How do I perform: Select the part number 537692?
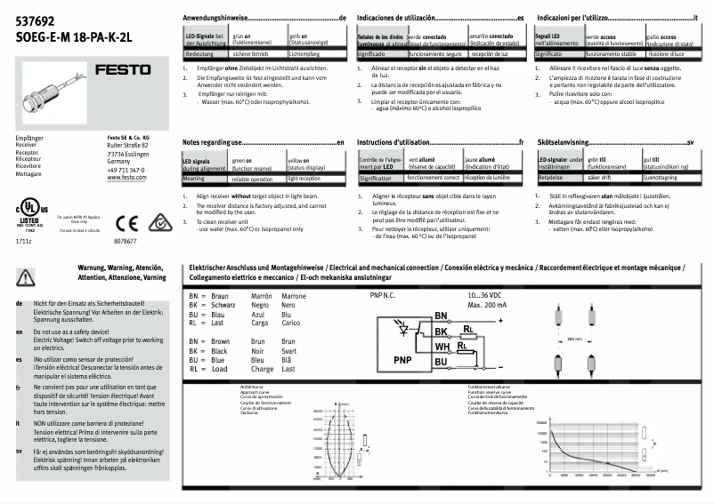pos(35,22)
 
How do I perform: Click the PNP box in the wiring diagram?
pos(403,360)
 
